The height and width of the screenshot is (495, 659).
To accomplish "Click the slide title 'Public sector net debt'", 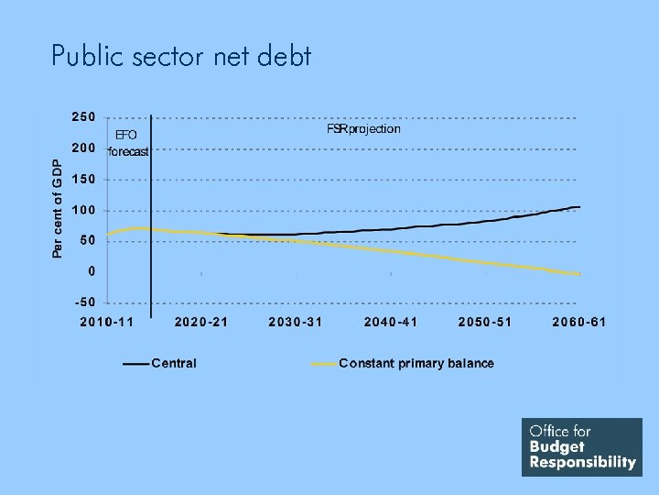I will pyautogui.click(x=181, y=57).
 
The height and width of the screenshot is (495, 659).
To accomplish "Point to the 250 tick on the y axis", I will pyautogui.click(x=83, y=117).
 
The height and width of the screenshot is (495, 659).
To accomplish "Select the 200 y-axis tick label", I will pyautogui.click(x=83, y=148).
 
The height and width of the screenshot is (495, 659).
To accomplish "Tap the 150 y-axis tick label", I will pyautogui.click(x=83, y=180).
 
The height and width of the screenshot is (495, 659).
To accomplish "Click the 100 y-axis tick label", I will pyautogui.click(x=83, y=210).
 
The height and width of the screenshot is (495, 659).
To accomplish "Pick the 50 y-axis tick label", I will pyautogui.click(x=87, y=240).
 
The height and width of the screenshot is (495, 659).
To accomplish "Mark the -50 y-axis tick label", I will pyautogui.click(x=84, y=302).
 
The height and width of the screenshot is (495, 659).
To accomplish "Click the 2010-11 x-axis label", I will pyautogui.click(x=106, y=322).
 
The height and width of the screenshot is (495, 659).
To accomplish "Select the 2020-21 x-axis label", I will pyautogui.click(x=201, y=322).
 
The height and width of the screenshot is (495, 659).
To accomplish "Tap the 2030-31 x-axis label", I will pyautogui.click(x=296, y=322).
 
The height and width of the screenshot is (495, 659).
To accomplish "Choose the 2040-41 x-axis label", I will pyautogui.click(x=391, y=322).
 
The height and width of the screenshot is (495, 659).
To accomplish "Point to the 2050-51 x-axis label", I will pyautogui.click(x=485, y=322).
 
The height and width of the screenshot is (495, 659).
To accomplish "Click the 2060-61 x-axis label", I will pyautogui.click(x=579, y=322).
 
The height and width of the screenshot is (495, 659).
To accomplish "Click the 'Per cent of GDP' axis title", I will pyautogui.click(x=58, y=208).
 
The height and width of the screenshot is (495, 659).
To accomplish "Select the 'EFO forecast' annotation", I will pyautogui.click(x=127, y=143).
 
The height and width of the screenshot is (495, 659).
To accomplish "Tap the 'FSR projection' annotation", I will pyautogui.click(x=363, y=129).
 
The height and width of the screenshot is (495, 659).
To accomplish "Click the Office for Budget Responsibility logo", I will pyautogui.click(x=582, y=447).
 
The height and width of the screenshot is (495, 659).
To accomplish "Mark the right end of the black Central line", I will pyautogui.click(x=579, y=207).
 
